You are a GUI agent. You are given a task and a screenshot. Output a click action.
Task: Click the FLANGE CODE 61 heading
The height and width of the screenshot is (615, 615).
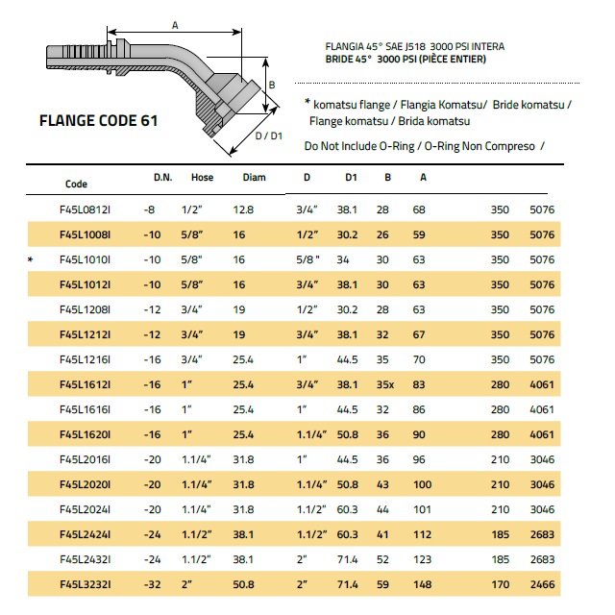[98, 122]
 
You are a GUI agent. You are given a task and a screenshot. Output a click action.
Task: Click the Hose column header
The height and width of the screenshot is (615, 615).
[202, 178]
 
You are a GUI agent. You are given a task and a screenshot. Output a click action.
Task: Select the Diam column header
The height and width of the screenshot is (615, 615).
[254, 178]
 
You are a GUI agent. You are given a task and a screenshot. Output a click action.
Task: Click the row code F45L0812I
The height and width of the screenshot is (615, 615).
[86, 209]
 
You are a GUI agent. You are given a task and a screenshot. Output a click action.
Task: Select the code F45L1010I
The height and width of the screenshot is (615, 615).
[86, 259]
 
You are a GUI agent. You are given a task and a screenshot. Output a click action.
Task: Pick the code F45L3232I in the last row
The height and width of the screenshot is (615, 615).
[86, 583]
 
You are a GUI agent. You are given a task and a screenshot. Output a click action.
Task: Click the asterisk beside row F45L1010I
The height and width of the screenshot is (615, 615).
[32, 259]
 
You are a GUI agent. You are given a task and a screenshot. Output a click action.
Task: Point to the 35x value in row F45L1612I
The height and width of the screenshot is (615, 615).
[385, 384]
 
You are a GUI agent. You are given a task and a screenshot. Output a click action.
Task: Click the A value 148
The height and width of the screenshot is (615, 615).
[420, 583]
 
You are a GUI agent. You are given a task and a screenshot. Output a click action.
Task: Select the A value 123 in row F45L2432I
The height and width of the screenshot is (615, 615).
[420, 558]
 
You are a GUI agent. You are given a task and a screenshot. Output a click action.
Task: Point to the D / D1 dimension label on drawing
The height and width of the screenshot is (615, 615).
[269, 136]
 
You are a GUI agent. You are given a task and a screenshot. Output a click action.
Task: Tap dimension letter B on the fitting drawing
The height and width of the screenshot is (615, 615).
[271, 84]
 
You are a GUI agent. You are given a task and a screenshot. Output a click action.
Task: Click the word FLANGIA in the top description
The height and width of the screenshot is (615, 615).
[347, 46]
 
